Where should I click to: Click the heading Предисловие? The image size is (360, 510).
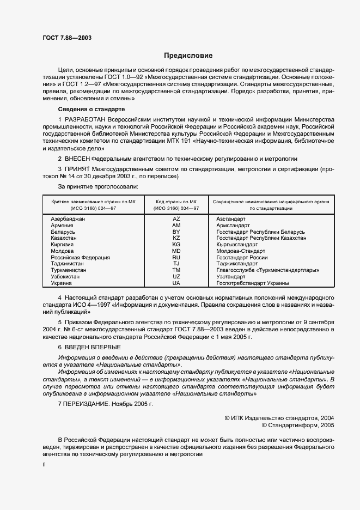[x=188, y=56]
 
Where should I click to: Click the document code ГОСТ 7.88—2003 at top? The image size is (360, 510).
[x=67, y=38]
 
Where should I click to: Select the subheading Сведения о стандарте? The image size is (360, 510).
[x=88, y=109]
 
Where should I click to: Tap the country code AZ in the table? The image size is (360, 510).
[x=176, y=218]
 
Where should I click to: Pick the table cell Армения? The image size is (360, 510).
[x=63, y=225]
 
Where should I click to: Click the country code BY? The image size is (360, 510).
[x=176, y=232]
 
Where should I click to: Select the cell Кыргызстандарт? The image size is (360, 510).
[x=237, y=245]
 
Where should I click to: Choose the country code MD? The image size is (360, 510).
[x=176, y=251]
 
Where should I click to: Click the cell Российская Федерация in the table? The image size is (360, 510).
[x=80, y=258]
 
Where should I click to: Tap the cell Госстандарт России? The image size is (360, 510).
[x=242, y=258]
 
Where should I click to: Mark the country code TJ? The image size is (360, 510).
[x=176, y=264]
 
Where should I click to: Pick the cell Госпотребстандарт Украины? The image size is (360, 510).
[x=252, y=283]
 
